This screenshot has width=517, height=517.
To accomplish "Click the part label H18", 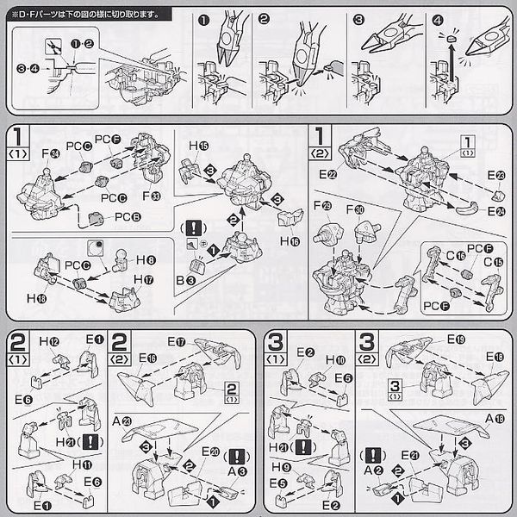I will click(x=39, y=297).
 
